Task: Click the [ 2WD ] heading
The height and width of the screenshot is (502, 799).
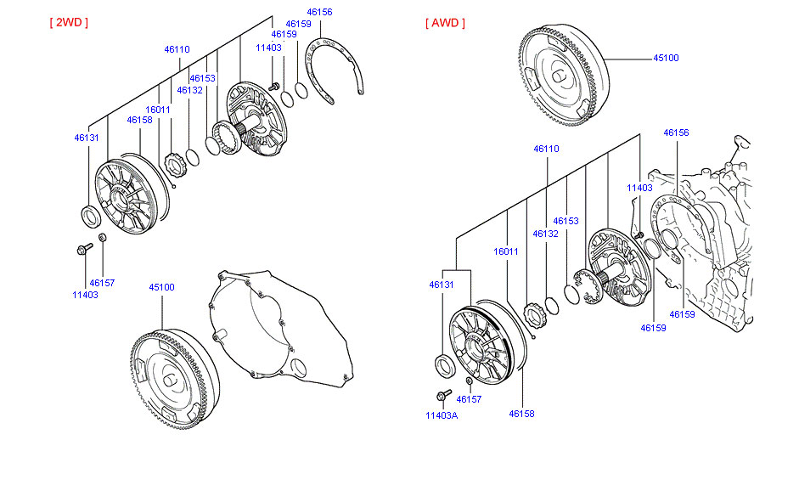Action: click(x=68, y=22)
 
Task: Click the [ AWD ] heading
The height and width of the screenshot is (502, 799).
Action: click(x=445, y=23)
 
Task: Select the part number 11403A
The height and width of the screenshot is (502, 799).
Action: click(x=442, y=415)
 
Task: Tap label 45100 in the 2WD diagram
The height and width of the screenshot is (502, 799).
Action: click(x=161, y=287)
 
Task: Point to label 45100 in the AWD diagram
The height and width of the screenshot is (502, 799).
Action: click(x=666, y=58)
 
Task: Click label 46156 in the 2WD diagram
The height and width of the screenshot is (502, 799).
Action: click(x=320, y=13)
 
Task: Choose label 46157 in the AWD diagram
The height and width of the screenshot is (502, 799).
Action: click(x=469, y=399)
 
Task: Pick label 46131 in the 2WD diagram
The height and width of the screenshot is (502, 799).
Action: click(x=87, y=137)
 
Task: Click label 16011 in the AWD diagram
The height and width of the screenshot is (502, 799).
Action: click(x=506, y=251)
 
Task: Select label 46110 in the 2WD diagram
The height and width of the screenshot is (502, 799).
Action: click(x=177, y=49)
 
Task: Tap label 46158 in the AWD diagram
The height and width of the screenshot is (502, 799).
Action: click(x=520, y=414)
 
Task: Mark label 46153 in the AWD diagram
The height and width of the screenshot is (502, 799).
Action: click(x=565, y=221)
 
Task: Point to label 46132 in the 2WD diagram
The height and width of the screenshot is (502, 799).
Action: click(x=189, y=90)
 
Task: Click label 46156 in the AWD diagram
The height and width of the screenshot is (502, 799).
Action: click(x=676, y=133)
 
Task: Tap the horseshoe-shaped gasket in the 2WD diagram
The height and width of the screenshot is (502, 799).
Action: click(x=335, y=72)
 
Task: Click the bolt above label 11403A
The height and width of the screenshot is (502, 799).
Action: click(x=444, y=394)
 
